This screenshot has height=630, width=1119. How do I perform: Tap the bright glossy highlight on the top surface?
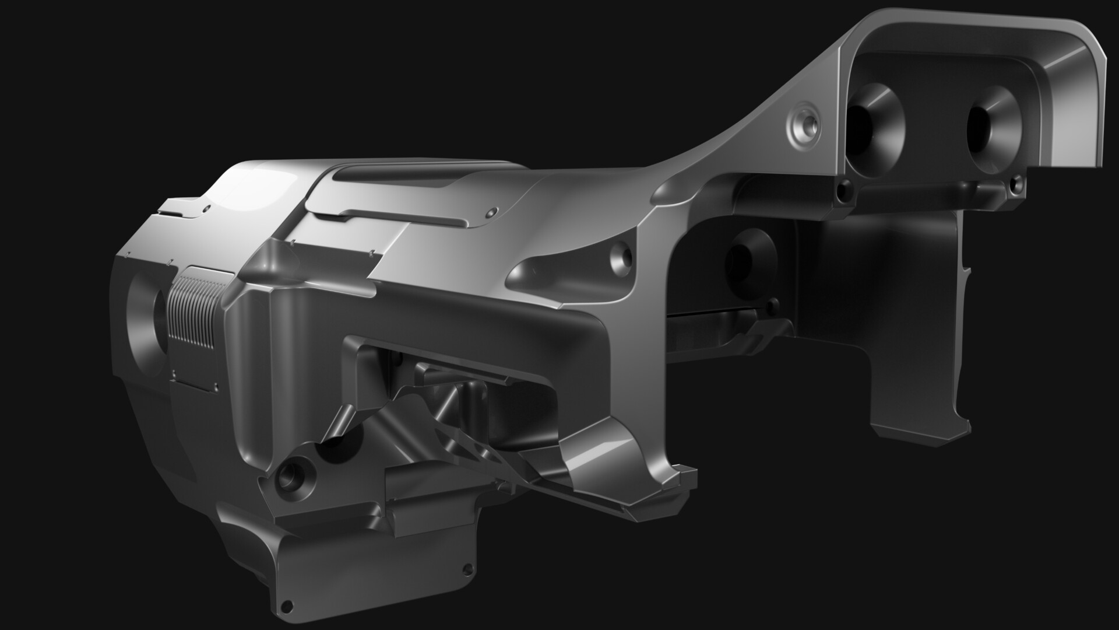[x=245, y=187]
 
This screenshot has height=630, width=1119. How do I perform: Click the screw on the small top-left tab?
[x=205, y=207]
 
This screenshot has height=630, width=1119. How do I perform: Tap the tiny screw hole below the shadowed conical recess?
[x=773, y=303]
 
